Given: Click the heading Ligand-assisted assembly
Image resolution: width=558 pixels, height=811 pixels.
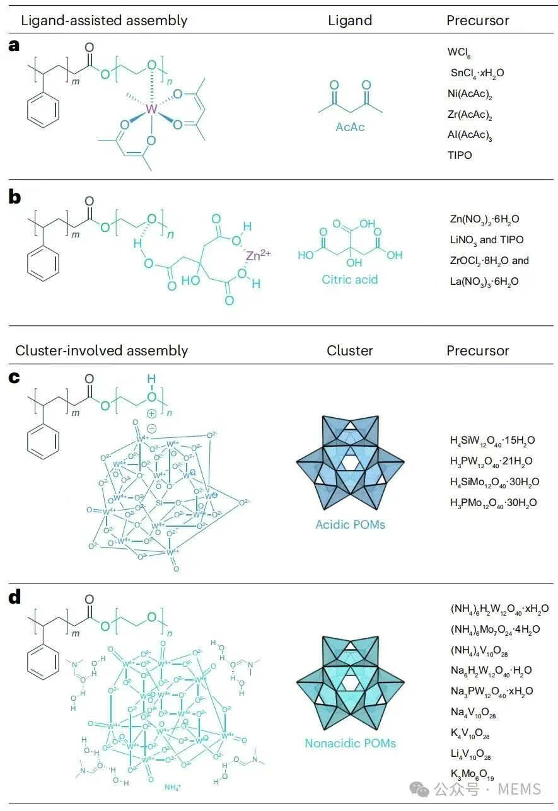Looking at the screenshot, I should point(104,20).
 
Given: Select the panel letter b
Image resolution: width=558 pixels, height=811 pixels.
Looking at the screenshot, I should point(15,197).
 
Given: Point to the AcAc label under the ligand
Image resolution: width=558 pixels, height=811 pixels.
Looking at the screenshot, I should point(351,127).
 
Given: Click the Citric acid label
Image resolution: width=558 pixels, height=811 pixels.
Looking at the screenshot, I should point(350,279).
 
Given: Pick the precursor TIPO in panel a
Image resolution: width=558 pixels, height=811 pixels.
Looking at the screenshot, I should point(459,155).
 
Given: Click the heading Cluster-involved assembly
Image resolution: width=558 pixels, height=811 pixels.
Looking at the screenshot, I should point(102,351).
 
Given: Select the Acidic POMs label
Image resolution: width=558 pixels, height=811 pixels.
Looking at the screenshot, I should point(350,524).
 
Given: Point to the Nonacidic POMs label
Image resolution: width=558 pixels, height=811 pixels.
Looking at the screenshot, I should point(350,744).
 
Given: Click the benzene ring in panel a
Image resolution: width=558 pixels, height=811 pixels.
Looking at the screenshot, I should point(44,110).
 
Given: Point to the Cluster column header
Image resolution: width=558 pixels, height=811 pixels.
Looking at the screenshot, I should point(350,351).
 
